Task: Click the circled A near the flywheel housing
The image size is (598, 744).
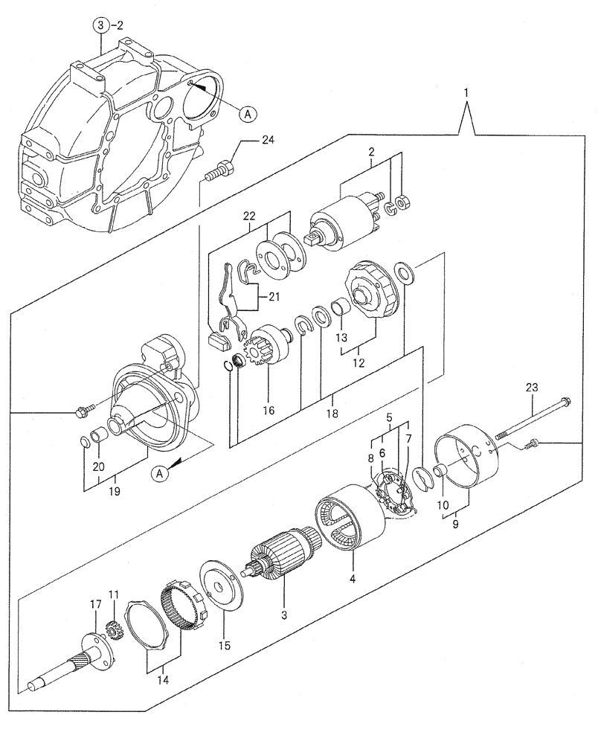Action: pos(248,113)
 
